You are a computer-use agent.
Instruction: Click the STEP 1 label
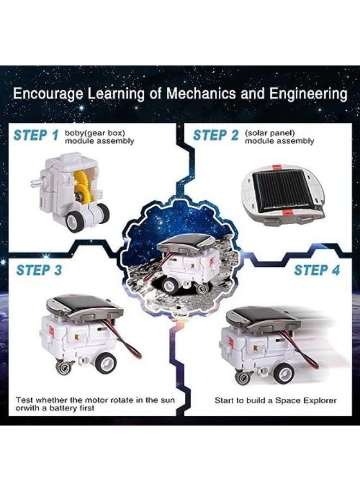pos(35,135)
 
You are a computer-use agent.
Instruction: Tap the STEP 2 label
pos(215,135)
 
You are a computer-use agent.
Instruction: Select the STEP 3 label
pos(39,270)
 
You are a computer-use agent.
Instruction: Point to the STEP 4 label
pos(317,270)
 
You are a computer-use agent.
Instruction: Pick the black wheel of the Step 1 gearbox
pos(74,220)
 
